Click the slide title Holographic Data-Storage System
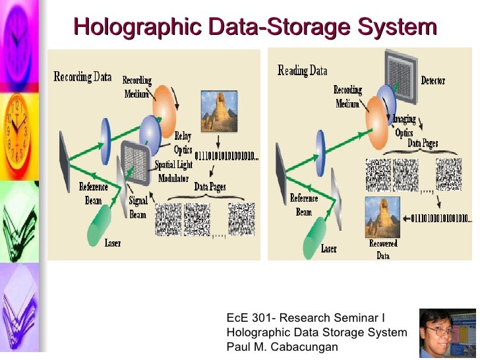[x=255, y=27]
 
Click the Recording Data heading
[x=82, y=76]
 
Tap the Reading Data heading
[x=303, y=71]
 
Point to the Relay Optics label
[x=183, y=141]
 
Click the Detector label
[x=433, y=80]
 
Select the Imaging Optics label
[x=404, y=126]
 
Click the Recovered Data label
[x=383, y=249]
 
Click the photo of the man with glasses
[x=448, y=334]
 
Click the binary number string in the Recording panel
[x=228, y=157]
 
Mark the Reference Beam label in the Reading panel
[x=304, y=205]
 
